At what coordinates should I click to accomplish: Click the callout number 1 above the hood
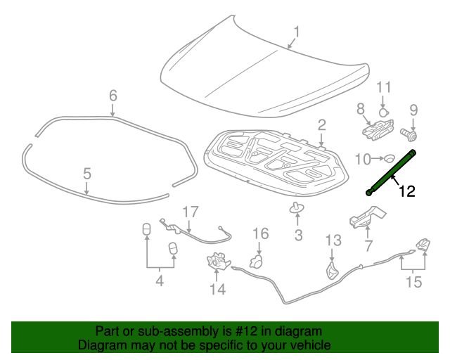(296, 32)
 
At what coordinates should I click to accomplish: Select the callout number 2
(321, 125)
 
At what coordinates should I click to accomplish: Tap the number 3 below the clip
(298, 236)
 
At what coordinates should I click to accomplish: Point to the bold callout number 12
(407, 191)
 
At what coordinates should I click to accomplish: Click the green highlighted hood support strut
(391, 170)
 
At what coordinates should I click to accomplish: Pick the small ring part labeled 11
(384, 111)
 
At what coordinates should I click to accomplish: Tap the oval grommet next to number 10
(389, 159)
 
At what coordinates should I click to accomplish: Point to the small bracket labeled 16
(257, 261)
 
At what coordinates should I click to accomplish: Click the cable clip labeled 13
(332, 271)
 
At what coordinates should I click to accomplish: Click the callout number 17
(191, 211)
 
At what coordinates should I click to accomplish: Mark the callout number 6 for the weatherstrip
(112, 95)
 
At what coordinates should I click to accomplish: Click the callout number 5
(87, 173)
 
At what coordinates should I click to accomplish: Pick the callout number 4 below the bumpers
(159, 282)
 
